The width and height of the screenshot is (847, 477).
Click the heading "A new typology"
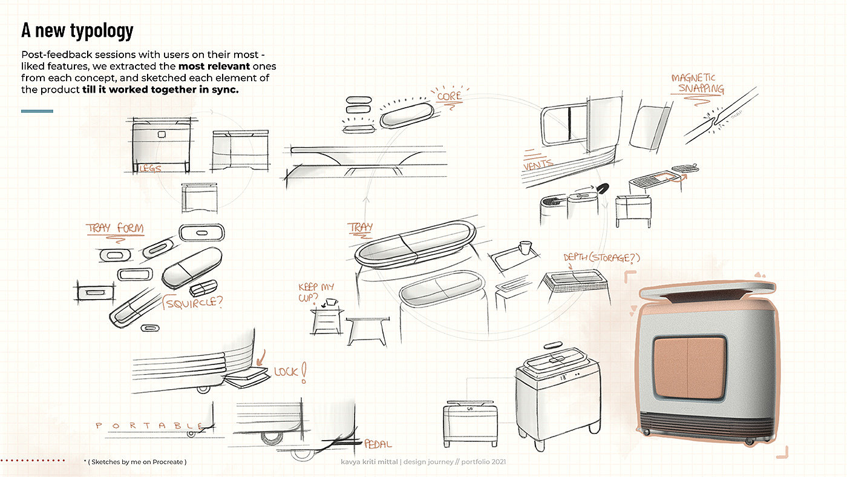click(77, 30)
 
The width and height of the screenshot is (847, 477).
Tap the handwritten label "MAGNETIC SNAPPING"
click(697, 84)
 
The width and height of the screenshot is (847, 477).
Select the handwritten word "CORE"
click(448, 96)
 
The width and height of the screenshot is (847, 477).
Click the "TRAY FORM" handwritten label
click(115, 229)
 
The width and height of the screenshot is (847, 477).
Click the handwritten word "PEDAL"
click(378, 444)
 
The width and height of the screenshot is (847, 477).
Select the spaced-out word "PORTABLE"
click(148, 426)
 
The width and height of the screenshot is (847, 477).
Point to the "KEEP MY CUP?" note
click(315, 292)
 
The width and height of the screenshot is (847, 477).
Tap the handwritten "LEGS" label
click(151, 168)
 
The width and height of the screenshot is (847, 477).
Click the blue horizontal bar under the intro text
click(37, 111)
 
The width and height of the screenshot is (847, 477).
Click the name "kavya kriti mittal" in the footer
click(369, 462)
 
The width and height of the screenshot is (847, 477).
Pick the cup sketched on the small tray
click(525, 248)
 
